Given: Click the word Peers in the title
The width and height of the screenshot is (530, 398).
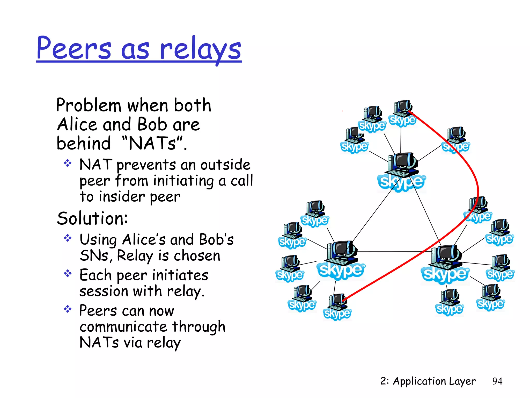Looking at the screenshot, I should [74, 48].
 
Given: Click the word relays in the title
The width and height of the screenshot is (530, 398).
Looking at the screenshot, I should [201, 49].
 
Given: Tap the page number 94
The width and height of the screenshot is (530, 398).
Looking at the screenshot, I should [497, 381].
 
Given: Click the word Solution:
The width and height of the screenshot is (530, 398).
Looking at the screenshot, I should [92, 218].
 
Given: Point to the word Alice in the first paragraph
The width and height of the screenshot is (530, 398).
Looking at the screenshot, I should [77, 124].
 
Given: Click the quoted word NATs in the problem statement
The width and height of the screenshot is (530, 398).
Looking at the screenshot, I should [153, 143].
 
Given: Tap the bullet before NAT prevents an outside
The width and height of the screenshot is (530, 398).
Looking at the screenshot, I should [68, 163].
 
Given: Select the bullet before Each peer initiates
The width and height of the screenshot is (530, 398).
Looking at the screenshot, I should [68, 274].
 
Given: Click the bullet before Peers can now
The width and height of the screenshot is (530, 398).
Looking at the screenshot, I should [68, 309].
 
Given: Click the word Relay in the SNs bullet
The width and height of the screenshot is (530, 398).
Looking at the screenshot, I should [135, 256].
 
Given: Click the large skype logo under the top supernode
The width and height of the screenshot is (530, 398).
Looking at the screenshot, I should [401, 182].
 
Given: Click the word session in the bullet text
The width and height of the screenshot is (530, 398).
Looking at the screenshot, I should [104, 291].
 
